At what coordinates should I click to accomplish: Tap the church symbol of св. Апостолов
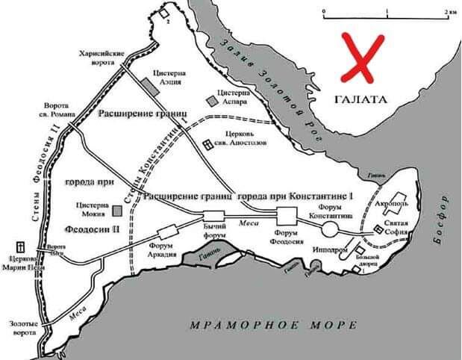pyautogui.click(x=208, y=145)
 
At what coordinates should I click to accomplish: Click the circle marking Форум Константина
pyautogui.click(x=330, y=226)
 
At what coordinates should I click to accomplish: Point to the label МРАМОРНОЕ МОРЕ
pyautogui.click(x=273, y=325)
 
